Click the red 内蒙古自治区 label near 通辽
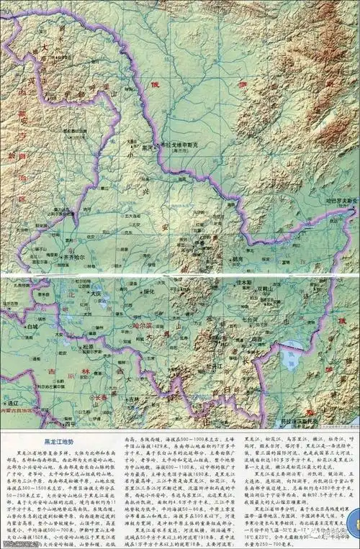coord(22,411)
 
